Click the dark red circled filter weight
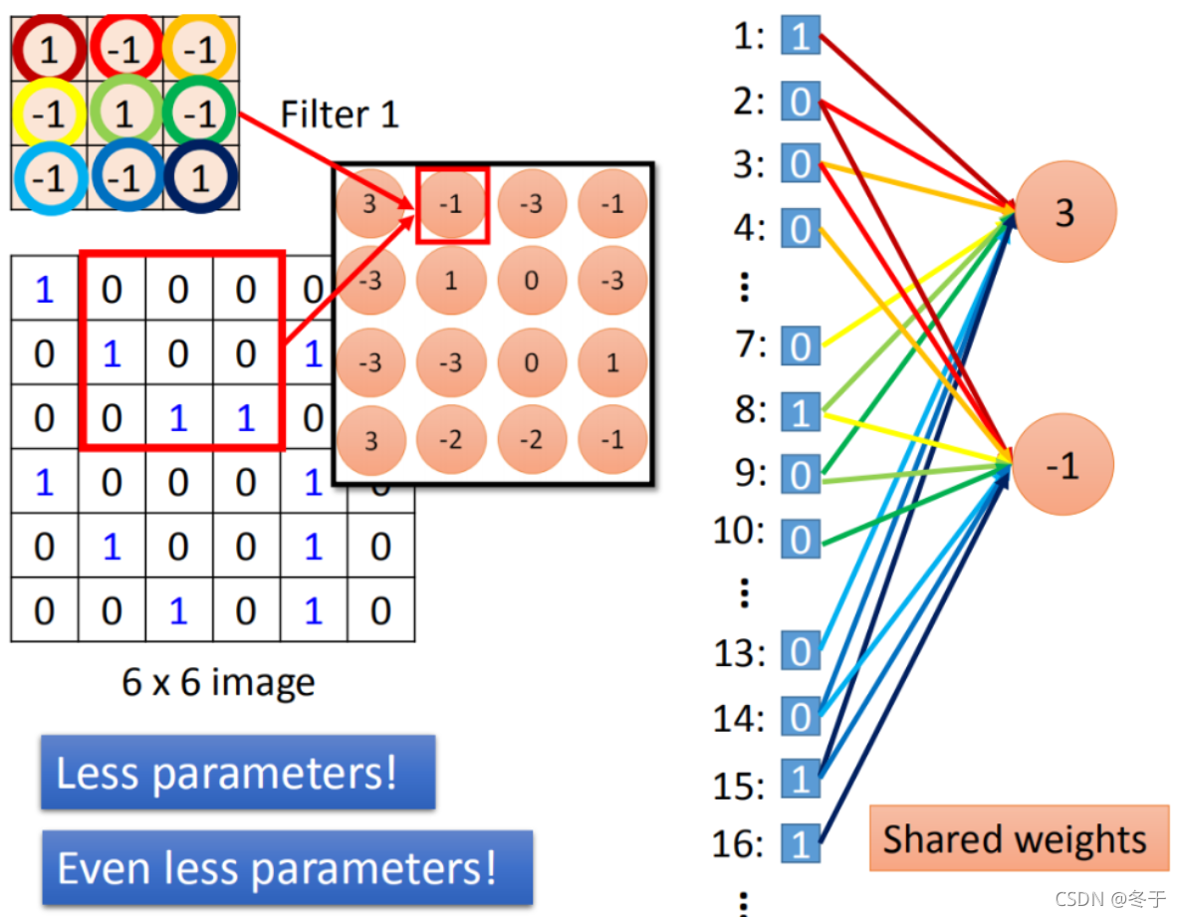47,49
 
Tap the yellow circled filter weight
47,115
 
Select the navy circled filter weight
200,178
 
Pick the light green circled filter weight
123,114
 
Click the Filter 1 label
339,115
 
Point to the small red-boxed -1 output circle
452,205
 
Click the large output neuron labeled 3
1064,212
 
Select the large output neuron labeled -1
1064,465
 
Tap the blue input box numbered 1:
801,37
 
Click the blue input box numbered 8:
801,410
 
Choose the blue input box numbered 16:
801,843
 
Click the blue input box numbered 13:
801,651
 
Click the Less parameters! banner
238,773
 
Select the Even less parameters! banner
287,867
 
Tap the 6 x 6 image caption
218,682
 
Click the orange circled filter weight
200,49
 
